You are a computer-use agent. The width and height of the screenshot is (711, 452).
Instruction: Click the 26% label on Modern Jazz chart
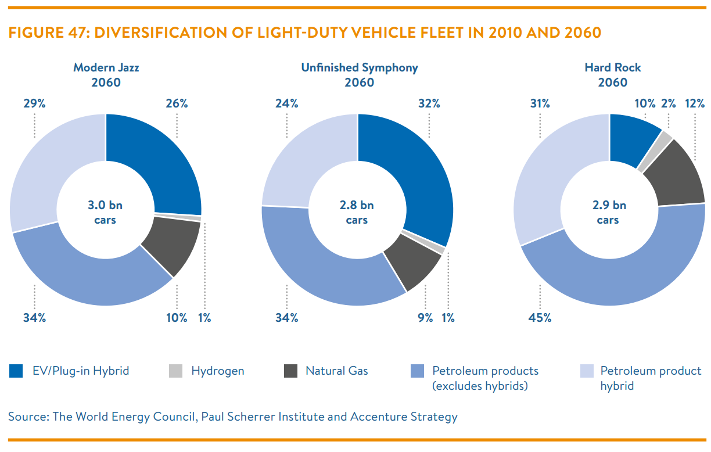click(x=177, y=103)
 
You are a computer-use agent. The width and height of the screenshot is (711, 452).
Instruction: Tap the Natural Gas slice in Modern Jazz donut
click(x=173, y=244)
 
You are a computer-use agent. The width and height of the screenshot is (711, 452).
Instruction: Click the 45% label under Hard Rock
click(x=540, y=318)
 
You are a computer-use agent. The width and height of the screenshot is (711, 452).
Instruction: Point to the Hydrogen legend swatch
click(x=176, y=371)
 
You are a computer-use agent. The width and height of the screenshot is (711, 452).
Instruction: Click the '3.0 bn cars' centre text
click(x=105, y=213)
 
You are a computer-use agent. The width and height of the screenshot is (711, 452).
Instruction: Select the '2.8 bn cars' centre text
click(x=357, y=213)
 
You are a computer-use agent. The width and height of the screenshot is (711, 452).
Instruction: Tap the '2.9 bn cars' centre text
click(x=609, y=213)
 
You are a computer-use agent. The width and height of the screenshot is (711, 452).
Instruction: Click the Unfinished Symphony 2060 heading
click(x=359, y=75)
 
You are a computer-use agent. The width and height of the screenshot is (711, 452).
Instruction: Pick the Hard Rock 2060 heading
click(x=612, y=75)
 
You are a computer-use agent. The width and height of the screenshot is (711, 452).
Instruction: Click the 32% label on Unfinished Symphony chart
click(x=429, y=103)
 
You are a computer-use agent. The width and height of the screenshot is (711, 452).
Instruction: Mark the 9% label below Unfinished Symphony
click(x=425, y=318)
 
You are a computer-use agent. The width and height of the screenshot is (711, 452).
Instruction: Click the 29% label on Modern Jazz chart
click(x=34, y=103)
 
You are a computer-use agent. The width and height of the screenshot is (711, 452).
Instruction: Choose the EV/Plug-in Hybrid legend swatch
click(x=16, y=371)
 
